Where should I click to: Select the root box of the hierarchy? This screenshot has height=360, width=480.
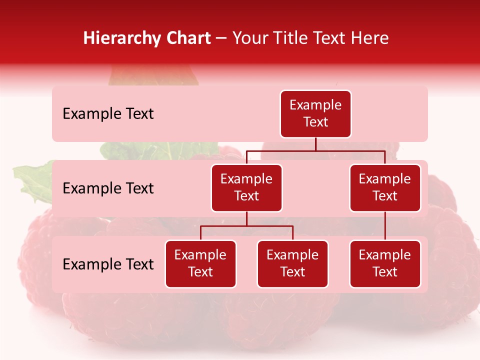coord(315,113)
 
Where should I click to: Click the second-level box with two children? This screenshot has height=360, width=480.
coord(246,187)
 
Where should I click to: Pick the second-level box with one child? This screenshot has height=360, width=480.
coord(385,187)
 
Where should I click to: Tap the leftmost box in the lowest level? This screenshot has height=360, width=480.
coord(200,263)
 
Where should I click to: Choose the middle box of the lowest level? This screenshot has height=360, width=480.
coord(292,263)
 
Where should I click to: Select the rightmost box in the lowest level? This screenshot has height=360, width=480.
coord(385,263)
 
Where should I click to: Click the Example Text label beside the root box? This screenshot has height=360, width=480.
coord(108,114)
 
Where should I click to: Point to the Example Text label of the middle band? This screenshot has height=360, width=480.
coord(108,188)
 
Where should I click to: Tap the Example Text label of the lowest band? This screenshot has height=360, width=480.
coord(108,264)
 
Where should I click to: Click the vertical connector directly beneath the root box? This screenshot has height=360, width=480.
coord(315,144)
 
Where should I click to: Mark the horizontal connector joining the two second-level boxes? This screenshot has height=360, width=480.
coord(315,150)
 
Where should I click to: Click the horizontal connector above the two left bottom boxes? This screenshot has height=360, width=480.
coord(246,226)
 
